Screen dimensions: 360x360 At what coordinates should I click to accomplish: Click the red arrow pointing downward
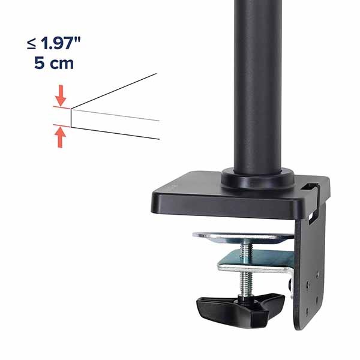61,95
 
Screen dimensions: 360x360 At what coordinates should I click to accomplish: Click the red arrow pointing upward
60,137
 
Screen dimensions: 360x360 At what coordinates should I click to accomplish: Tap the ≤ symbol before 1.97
31,44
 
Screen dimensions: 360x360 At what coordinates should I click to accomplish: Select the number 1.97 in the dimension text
57,43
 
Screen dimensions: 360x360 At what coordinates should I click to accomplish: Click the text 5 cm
54,63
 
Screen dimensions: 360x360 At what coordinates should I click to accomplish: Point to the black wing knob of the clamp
240,309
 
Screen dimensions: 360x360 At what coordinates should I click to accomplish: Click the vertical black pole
257,86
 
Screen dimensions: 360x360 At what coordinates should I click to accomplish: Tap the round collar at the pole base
257,179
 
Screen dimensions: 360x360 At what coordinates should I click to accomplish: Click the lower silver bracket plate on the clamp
256,262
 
